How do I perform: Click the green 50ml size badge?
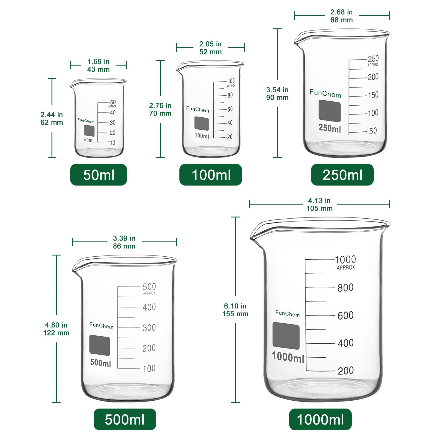(99, 175)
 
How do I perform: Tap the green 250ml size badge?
(342, 175)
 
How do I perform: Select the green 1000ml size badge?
(320, 419)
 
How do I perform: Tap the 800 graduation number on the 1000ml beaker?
(345, 288)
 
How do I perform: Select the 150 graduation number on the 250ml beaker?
(373, 95)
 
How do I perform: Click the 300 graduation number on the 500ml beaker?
(149, 328)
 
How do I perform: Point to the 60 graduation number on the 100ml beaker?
(230, 109)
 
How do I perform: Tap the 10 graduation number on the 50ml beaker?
(112, 143)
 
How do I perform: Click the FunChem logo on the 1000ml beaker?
(287, 314)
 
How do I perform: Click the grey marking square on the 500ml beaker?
(100, 345)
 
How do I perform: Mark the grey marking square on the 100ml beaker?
(202, 124)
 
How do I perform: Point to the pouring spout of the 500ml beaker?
(76, 270)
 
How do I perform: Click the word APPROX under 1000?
(346, 267)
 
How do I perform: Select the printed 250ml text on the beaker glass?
(330, 128)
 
